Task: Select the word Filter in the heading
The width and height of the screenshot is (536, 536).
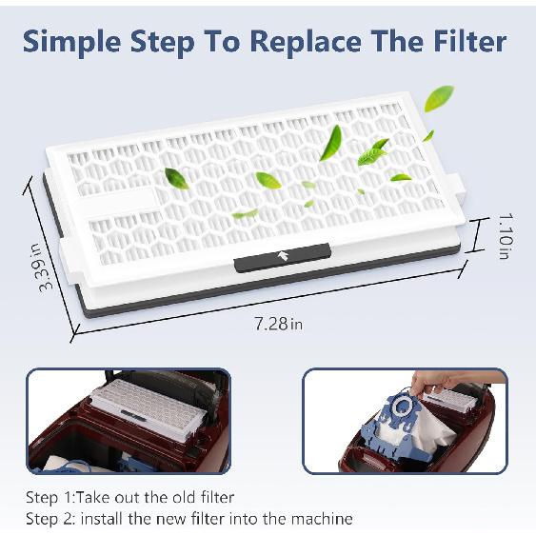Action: pyautogui.click(x=462, y=41)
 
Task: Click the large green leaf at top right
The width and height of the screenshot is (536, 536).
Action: pyautogui.click(x=439, y=97)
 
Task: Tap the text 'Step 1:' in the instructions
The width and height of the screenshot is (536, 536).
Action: pyautogui.click(x=49, y=497)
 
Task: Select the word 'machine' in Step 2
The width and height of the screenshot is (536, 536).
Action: pyautogui.click(x=323, y=519)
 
